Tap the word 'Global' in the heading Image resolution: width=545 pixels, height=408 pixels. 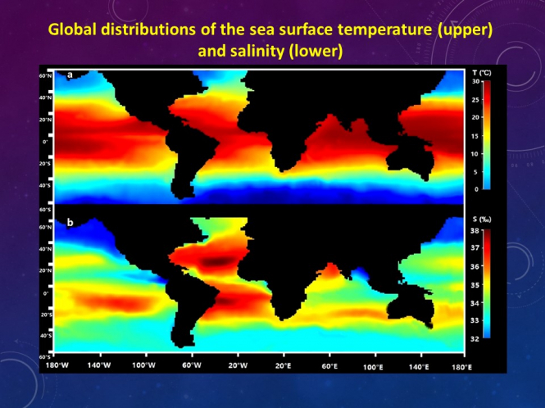pos(73,31)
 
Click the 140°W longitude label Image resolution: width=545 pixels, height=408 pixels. pos(99,365)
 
